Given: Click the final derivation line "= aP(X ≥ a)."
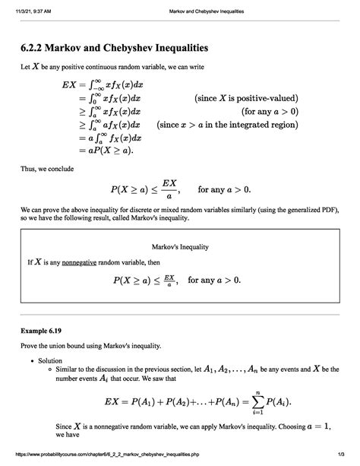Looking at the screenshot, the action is pyautogui.click(x=103, y=151).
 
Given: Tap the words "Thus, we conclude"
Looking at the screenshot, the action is pyautogui.click(x=46, y=170).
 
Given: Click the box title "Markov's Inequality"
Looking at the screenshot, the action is pyautogui.click(x=180, y=248).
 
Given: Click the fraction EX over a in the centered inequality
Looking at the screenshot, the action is pyautogui.click(x=169, y=189).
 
